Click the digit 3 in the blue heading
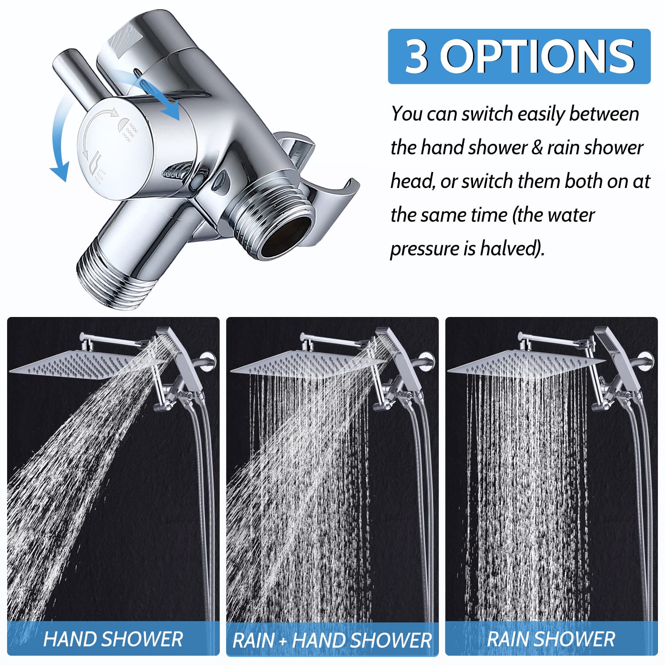417,57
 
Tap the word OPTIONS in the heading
537,57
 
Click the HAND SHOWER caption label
113,639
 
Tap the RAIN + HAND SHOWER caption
332,640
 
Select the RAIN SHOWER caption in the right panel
551,639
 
